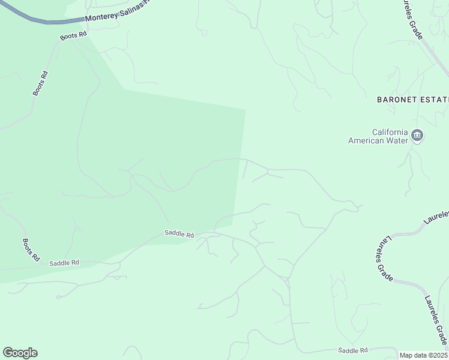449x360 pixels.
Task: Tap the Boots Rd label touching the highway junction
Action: [x=74, y=36]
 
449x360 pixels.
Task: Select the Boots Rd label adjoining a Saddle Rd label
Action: [x=31, y=250]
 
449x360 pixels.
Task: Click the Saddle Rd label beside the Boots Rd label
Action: [x=64, y=263]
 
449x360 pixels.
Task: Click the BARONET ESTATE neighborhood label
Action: [x=412, y=99]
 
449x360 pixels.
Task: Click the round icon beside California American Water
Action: [x=418, y=137]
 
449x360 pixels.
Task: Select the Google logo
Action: [x=20, y=353]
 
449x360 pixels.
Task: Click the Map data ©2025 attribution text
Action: [x=423, y=355]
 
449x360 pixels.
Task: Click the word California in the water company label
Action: [x=390, y=132]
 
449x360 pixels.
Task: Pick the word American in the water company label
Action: [x=366, y=141]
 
